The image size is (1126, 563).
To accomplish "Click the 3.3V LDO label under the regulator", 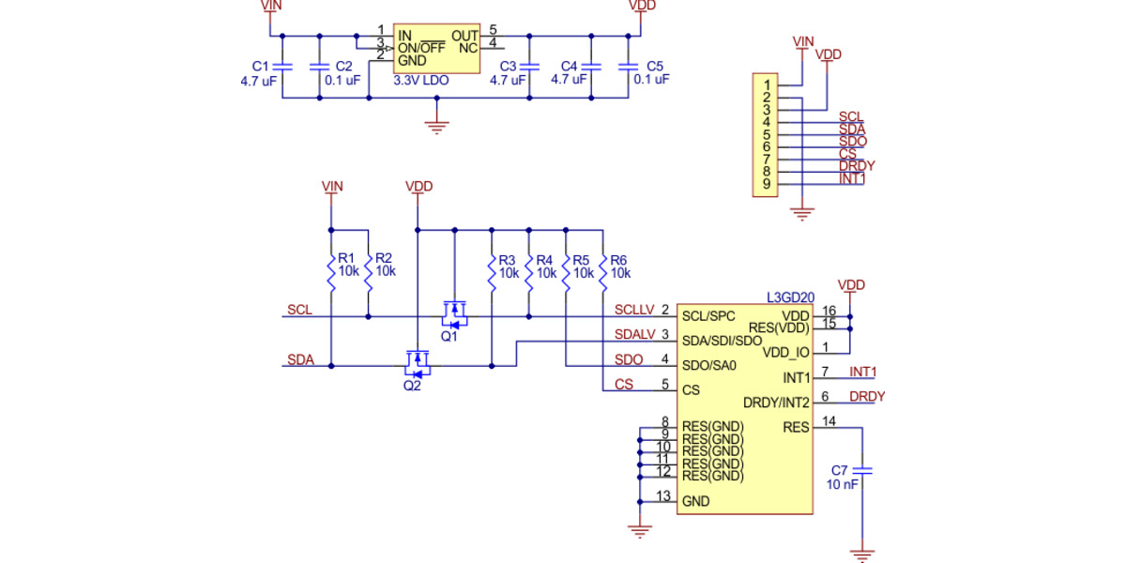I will click(421, 82).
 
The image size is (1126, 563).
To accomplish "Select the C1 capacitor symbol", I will click(282, 67).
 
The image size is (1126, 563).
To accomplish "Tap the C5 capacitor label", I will click(654, 67).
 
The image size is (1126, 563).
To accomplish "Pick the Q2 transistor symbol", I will click(416, 360).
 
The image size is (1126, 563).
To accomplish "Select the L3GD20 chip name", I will click(790, 297).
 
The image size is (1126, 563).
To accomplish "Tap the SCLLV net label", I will click(633, 310).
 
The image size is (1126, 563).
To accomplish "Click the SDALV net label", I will click(634, 335).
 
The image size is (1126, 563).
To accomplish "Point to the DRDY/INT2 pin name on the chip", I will click(776, 403).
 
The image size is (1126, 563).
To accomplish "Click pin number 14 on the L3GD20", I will click(829, 421).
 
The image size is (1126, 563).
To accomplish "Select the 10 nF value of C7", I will click(842, 485).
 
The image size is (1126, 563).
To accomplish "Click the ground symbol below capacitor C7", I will click(862, 555).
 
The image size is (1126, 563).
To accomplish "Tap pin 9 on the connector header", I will click(767, 184).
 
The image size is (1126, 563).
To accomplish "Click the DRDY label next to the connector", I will click(857, 166).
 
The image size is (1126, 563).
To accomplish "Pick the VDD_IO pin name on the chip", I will click(785, 353).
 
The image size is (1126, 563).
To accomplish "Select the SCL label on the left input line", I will click(300, 310).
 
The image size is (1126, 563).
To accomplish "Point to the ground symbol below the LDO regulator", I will click(434, 125).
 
